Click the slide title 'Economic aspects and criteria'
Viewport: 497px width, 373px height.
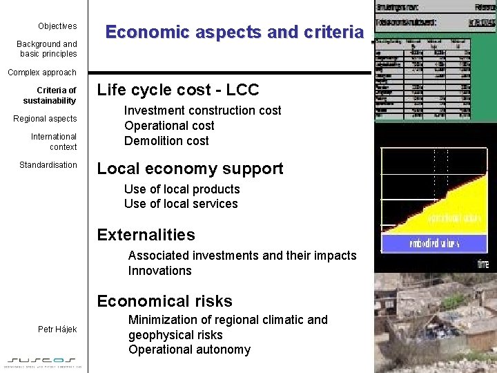234,32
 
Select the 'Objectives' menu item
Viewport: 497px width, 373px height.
57,26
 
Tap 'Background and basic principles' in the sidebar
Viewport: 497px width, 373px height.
47,49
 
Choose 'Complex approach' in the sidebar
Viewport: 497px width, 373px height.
42,73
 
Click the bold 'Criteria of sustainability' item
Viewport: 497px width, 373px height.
50,95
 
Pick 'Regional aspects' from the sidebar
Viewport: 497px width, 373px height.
46,119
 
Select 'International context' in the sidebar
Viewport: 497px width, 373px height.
54,142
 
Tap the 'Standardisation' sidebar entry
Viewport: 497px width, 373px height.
48,165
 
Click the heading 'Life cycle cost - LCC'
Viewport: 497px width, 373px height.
178,90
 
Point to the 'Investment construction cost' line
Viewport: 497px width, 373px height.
203,111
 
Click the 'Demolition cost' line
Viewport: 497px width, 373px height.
166,141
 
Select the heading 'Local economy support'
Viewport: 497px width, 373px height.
190,169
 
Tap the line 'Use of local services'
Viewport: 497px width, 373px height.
181,204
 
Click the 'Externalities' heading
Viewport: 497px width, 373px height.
146,235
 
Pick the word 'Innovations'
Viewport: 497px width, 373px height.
160,271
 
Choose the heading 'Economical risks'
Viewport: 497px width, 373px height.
165,301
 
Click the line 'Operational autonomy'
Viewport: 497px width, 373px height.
189,350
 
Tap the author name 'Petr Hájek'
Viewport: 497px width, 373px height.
57,329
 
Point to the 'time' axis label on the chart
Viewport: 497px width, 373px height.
483,263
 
